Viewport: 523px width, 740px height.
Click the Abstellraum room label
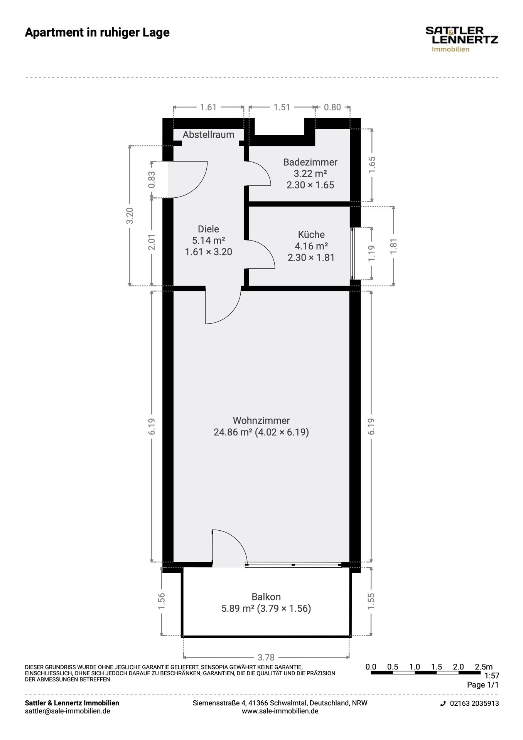(x=208, y=135)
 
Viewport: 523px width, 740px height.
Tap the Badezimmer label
(x=310, y=162)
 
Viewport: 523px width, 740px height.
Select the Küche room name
(x=311, y=234)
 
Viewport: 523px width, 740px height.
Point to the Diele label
(x=208, y=229)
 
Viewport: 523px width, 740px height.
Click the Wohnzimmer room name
(x=261, y=420)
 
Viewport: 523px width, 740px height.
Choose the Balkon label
(x=266, y=597)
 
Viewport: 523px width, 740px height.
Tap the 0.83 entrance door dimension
(x=152, y=180)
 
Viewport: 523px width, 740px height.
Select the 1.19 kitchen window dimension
(x=371, y=253)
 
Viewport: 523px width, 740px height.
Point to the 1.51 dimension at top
(x=282, y=107)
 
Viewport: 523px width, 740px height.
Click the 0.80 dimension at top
(x=332, y=107)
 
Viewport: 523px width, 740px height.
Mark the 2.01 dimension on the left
(x=152, y=242)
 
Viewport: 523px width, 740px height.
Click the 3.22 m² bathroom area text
(x=310, y=173)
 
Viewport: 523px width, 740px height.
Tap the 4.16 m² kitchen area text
(x=311, y=246)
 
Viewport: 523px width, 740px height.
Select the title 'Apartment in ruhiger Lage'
(x=97, y=32)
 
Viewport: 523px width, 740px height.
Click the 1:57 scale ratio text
(x=492, y=676)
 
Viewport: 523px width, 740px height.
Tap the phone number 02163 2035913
(x=474, y=703)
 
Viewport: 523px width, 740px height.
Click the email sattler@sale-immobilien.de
(x=67, y=711)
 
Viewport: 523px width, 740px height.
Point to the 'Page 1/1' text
(x=483, y=685)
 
